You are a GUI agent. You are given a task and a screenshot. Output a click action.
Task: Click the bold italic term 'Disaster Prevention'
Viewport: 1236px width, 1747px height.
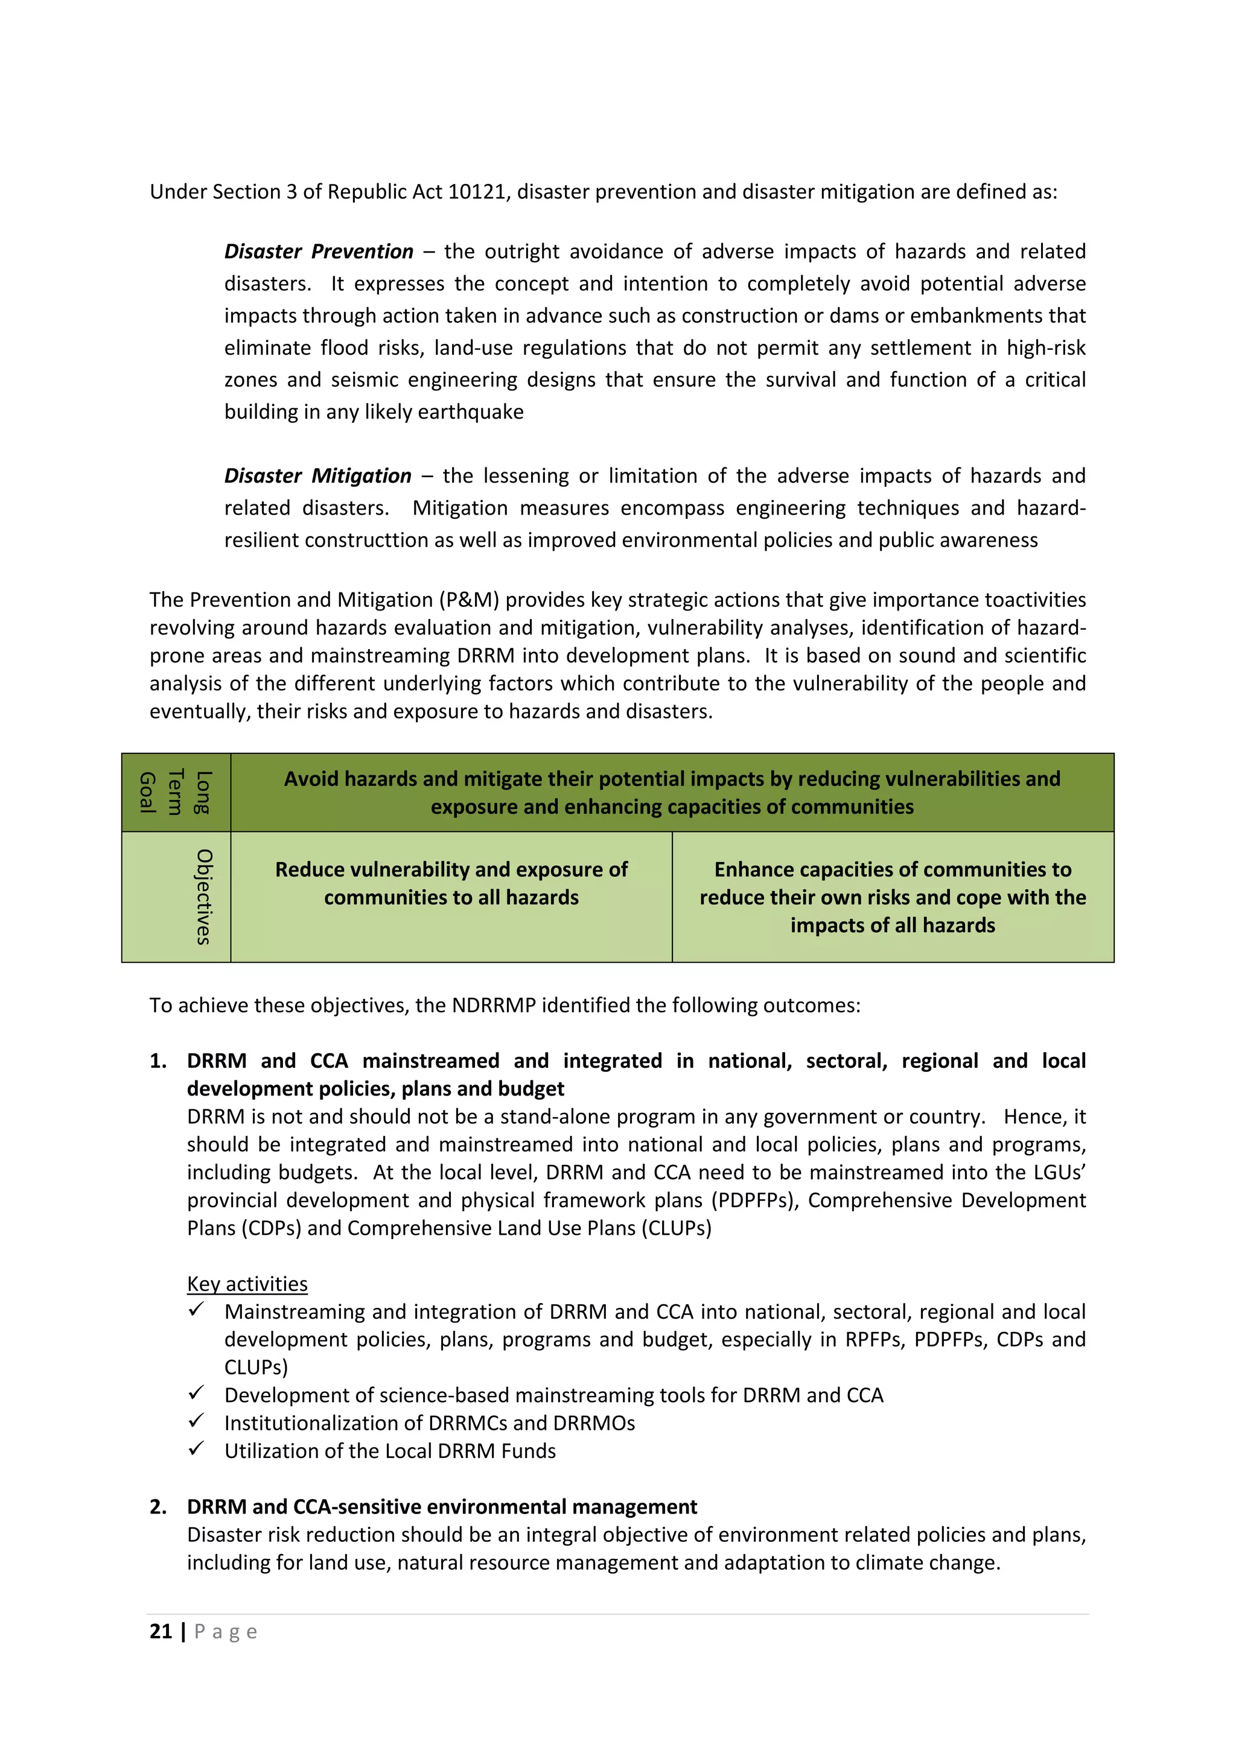pyautogui.click(x=318, y=251)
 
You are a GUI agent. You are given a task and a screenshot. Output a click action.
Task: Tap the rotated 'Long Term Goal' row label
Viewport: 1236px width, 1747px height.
pyautogui.click(x=176, y=792)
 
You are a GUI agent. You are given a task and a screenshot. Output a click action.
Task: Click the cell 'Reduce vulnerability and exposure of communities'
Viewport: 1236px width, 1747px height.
pyautogui.click(x=451, y=883)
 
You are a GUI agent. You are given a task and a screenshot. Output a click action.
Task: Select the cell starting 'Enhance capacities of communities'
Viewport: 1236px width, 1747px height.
pyautogui.click(x=892, y=897)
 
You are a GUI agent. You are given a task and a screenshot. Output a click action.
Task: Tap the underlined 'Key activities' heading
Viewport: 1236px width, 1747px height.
pyautogui.click(x=247, y=1284)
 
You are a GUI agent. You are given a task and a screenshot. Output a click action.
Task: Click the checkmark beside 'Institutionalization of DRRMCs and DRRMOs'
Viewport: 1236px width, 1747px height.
pyautogui.click(x=196, y=1421)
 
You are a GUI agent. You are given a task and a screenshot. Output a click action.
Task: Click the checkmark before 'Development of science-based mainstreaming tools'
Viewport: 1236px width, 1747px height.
pyautogui.click(x=196, y=1393)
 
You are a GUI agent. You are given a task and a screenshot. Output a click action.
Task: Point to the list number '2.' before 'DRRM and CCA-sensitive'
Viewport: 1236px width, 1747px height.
pyautogui.click(x=158, y=1506)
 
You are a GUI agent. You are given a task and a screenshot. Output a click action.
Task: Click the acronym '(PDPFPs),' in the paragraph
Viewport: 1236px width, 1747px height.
pyautogui.click(x=757, y=1200)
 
